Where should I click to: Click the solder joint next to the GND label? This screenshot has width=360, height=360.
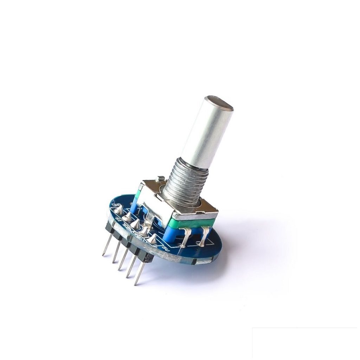pos(119,210)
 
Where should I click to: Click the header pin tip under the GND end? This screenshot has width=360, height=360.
pos(103,254)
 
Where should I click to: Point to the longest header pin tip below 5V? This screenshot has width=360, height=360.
pos(136,283)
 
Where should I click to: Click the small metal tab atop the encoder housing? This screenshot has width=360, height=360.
pos(160,179)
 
